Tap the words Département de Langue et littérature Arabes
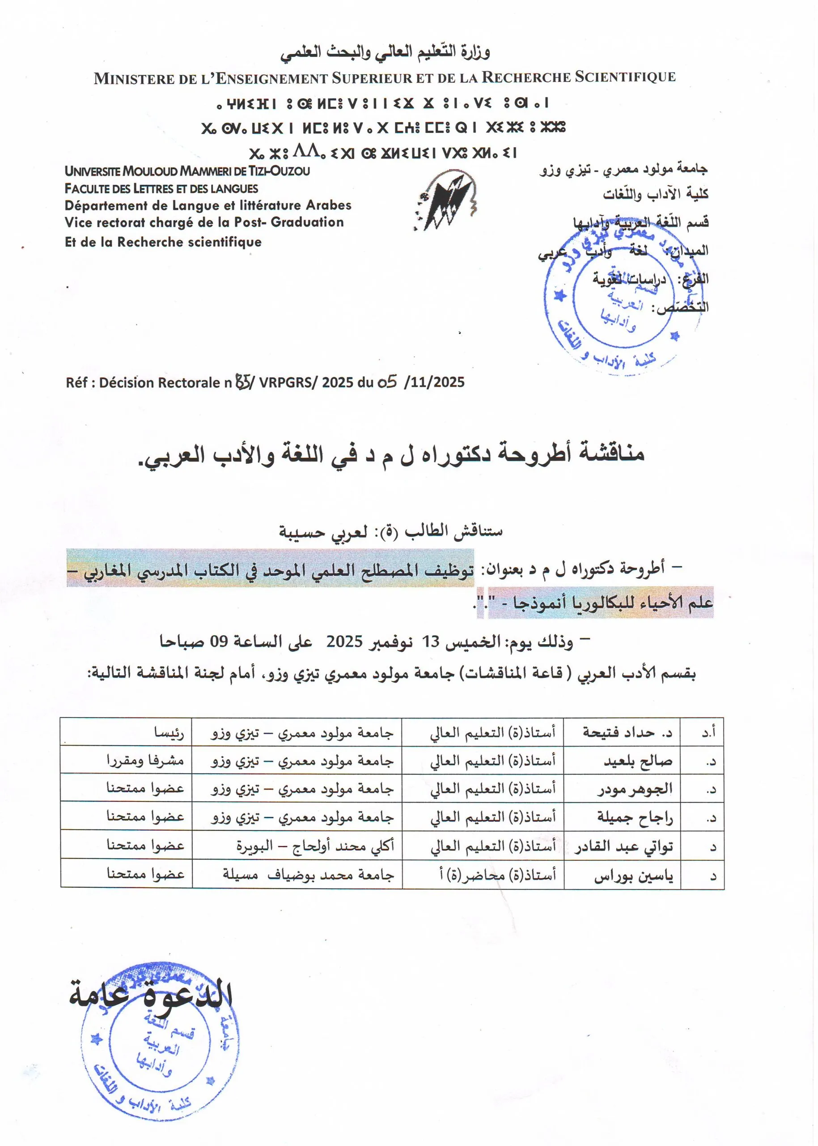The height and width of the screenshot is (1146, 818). point(208,205)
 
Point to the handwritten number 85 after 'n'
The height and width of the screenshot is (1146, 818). point(243,382)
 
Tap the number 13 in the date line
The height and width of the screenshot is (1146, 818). point(431,642)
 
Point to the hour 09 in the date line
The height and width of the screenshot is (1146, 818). point(219,642)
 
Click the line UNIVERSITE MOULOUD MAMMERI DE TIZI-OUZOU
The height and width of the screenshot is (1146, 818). point(187,171)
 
